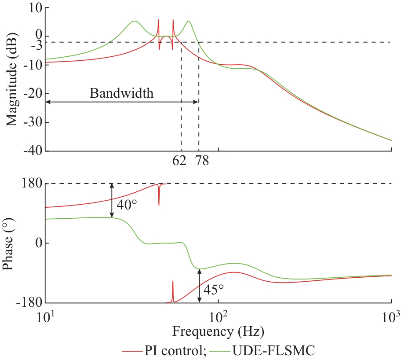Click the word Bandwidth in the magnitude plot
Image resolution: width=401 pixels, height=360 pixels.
click(x=122, y=93)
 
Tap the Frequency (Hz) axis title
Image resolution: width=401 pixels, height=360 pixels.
click(x=218, y=330)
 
